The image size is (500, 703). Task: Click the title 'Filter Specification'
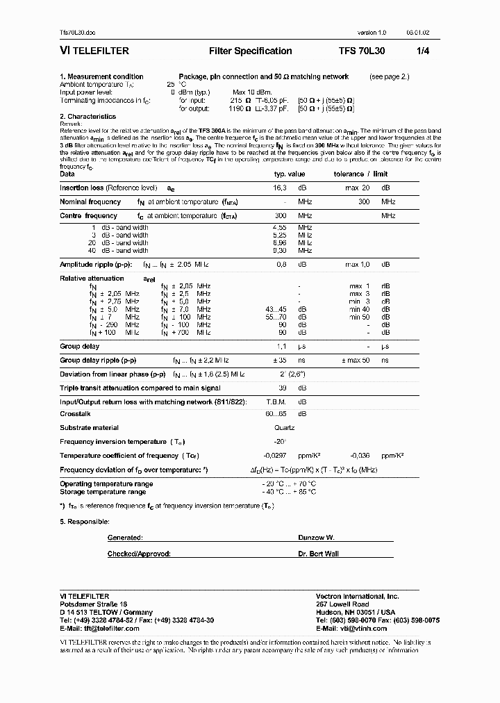[250, 51]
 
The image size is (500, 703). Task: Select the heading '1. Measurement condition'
[101, 76]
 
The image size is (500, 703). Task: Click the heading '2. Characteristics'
[87, 117]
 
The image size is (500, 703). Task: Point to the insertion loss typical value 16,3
[281, 188]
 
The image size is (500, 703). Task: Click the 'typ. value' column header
[290, 174]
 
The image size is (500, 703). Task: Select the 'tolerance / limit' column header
[360, 174]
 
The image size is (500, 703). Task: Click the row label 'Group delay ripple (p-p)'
[98, 361]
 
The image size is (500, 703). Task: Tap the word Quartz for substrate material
[284, 428]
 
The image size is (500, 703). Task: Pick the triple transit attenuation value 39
[282, 388]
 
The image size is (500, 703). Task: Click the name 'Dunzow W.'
[316, 538]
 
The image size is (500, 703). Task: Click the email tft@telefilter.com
[99, 628]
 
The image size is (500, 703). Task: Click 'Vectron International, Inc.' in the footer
[358, 597]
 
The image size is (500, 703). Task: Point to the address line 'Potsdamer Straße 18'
[94, 604]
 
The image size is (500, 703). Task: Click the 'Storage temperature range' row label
[103, 492]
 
